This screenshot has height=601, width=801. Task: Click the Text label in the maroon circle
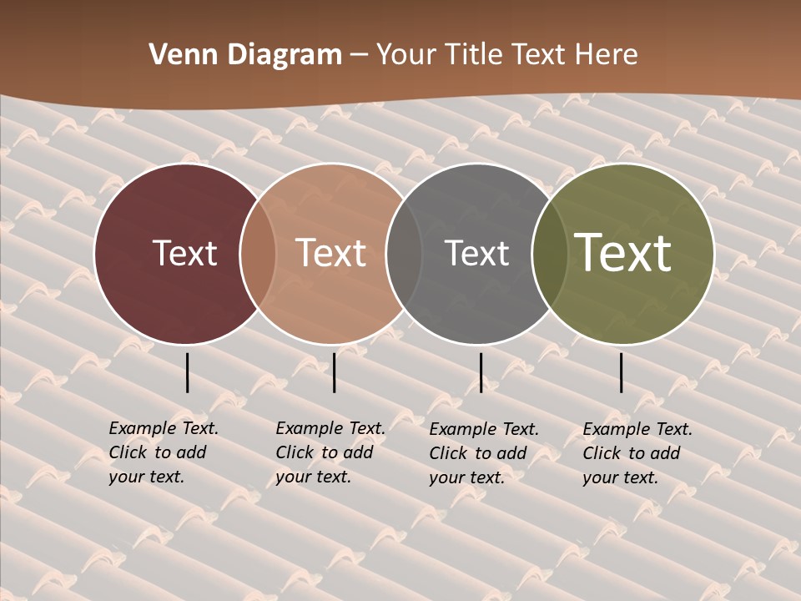pos(184,254)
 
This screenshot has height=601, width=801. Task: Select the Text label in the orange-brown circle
pos(331,254)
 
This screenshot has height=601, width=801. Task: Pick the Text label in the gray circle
pos(476,254)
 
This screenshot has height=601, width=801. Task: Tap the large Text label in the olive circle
pos(622,253)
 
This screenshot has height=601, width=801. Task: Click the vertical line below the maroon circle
pos(188,372)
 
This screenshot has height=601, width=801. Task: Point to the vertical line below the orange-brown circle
pos(334,372)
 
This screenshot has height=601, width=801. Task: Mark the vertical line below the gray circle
pos(481,372)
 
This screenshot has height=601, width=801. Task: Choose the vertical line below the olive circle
pos(622,372)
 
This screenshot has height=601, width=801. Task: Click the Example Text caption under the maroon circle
pos(164,452)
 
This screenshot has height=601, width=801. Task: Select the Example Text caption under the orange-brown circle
pos(330,452)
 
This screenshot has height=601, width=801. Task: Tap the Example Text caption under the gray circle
pos(484,453)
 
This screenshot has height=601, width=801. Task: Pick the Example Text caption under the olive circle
pos(637,453)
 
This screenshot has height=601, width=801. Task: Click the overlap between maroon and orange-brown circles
pos(258,254)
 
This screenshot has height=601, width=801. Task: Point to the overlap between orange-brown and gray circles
pos(404,254)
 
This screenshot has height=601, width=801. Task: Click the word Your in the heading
pos(406,55)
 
